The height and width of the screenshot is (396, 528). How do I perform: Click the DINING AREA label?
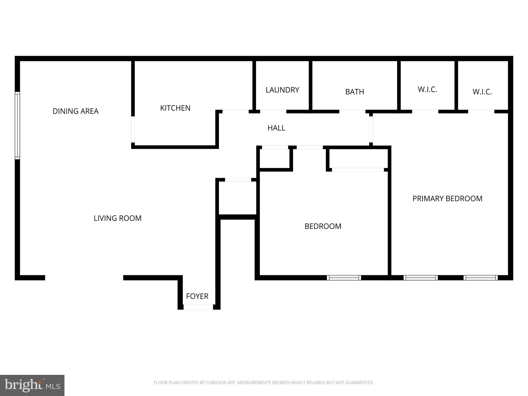coord(76,111)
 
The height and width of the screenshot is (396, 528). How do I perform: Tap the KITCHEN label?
coord(175,108)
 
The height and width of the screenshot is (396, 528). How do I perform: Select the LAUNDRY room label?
coord(282,90)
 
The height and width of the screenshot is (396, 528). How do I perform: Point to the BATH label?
coord(354,92)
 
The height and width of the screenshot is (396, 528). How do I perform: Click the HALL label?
coord(276,128)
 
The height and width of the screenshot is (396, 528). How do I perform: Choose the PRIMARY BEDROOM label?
coord(447,199)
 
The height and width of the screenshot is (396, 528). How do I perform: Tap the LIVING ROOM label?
coord(118,218)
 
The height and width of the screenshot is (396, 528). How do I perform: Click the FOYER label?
coord(197,296)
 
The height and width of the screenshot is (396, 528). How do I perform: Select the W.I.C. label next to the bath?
coord(427,89)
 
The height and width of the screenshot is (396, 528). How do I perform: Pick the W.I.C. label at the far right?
coord(482,92)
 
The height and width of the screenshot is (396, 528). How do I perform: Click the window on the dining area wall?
coord(17,126)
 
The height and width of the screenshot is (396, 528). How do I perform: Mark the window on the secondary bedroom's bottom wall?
coord(344,278)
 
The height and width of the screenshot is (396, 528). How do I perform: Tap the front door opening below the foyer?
coord(198,307)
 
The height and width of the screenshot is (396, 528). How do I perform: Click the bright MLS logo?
coord(32,385)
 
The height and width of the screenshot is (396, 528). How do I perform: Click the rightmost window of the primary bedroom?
coord(481,278)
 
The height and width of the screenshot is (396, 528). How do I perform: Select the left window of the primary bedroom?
coord(420,278)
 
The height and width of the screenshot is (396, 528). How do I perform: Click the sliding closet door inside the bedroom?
coord(358,170)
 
